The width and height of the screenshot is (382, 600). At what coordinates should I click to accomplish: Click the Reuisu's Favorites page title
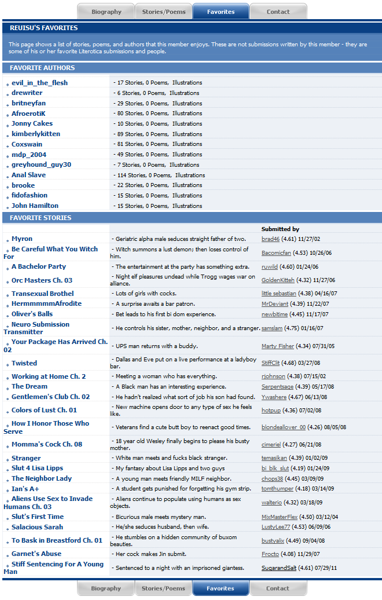coord(43,28)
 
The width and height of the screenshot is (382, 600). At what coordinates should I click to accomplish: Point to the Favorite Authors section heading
coord(42,68)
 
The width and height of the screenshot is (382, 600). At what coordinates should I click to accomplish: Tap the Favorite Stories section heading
coord(41,218)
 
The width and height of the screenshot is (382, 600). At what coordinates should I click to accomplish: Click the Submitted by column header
coord(280,229)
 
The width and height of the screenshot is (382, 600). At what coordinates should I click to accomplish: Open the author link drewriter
coord(27,93)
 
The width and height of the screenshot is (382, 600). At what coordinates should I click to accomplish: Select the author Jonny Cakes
coord(32,123)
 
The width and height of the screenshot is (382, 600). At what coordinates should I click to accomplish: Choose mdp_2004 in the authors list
coord(29,155)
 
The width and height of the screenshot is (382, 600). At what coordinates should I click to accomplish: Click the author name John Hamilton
coord(35,206)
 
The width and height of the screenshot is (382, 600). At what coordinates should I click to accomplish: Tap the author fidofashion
coord(30,195)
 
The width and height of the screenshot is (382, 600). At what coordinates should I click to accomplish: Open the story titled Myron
coord(22,239)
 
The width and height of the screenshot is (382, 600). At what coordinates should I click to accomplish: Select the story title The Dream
coord(30,386)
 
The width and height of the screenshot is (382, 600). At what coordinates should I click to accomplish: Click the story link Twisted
coord(24,363)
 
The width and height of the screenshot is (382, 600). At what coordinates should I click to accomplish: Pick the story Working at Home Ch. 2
coord(49,376)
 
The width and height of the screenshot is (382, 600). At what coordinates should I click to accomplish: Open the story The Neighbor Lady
coord(42,478)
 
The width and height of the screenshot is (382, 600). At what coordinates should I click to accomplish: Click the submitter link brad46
coord(270,239)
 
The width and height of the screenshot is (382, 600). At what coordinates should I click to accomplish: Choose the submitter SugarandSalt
coord(280,568)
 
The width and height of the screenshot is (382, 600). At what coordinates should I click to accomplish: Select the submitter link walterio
coord(272,503)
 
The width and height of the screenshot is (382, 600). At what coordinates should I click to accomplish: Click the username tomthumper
coord(277,489)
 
